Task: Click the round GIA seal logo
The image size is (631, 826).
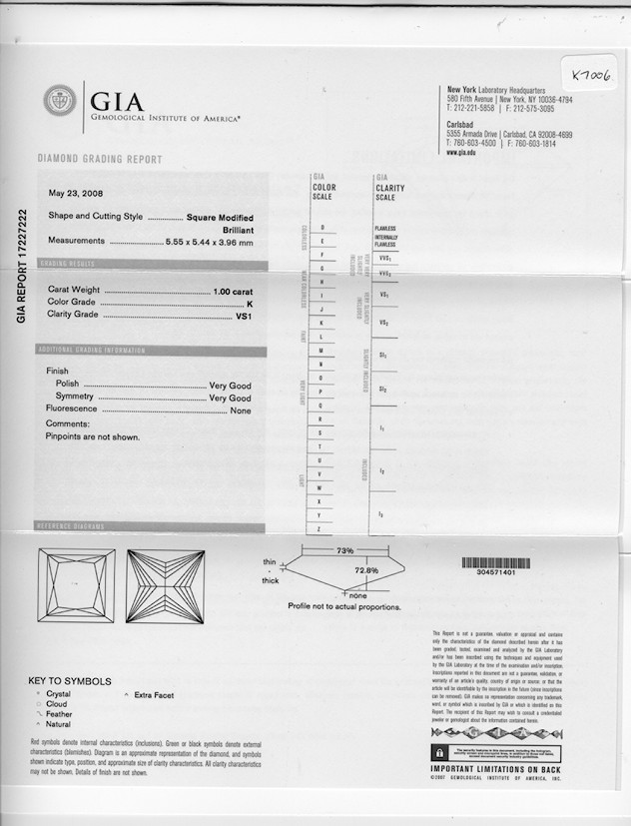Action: point(60,99)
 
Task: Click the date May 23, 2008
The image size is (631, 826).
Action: point(75,193)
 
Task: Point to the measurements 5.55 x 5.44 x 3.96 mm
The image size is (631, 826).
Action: point(210,241)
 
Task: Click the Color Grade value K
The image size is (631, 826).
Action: point(250,302)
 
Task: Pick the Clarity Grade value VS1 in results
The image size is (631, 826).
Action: point(243,314)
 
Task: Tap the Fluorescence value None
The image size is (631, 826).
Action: point(241,410)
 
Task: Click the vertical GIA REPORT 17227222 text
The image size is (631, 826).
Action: point(21,265)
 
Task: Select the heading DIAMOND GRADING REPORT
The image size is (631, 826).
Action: point(99,160)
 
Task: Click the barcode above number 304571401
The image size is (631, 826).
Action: point(496,563)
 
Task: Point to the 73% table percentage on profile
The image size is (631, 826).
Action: point(344,550)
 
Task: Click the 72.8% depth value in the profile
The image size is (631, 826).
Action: point(366,569)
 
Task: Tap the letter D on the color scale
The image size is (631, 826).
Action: point(321,228)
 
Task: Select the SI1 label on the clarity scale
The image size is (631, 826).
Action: point(384,355)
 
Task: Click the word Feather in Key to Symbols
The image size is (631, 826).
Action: point(59,715)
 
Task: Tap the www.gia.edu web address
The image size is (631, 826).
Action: point(461,153)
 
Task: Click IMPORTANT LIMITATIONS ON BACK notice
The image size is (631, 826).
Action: point(495,768)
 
